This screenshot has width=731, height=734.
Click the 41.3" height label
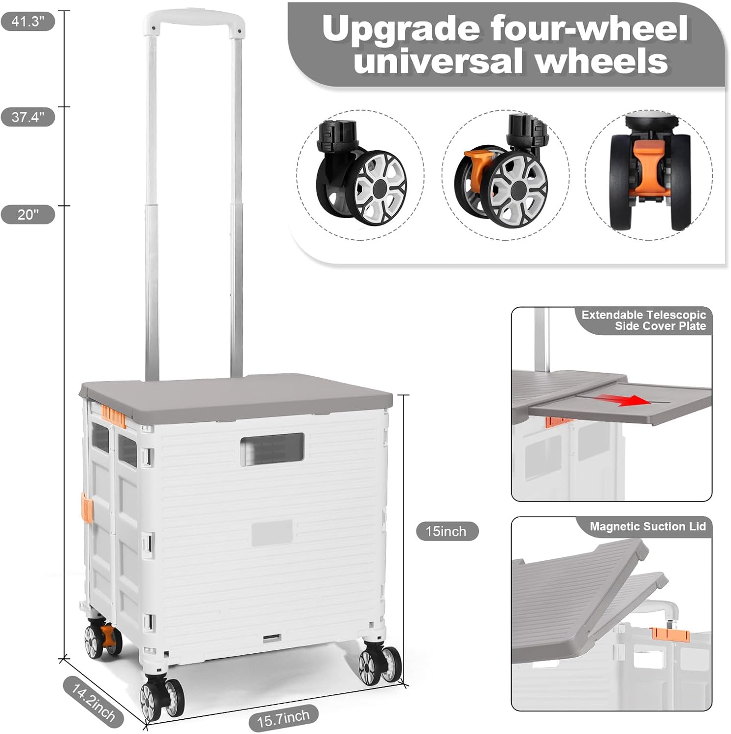tap(28, 22)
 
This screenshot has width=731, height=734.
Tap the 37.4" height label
tap(28, 117)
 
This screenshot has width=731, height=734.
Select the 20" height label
tap(28, 214)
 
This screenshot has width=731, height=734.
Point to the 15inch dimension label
tap(447, 531)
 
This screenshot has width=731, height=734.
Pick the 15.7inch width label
tap(283, 718)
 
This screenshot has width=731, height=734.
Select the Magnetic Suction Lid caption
tap(648, 527)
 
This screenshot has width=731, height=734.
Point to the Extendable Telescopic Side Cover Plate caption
tap(644, 321)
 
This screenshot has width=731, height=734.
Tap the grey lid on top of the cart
tap(236, 396)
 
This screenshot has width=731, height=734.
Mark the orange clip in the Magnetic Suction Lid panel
tap(671, 635)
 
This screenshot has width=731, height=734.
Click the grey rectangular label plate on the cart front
tap(272, 533)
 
